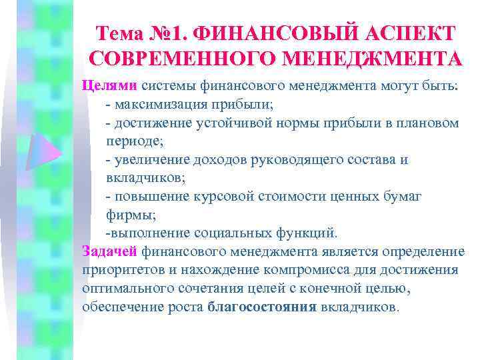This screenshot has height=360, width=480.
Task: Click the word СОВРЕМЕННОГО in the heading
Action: coord(174,59)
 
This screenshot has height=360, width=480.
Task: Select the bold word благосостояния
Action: coord(263,307)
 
